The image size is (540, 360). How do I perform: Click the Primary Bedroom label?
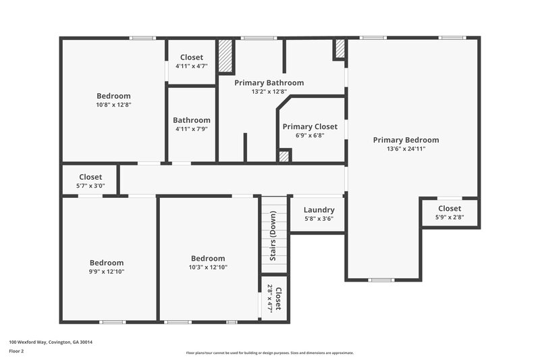tap(406, 140)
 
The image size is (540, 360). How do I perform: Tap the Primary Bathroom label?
tap(269, 82)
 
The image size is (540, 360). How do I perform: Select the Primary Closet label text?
tap(310, 126)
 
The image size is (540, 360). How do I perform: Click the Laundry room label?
tap(319, 210)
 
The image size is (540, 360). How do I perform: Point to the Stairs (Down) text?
tap(273, 236)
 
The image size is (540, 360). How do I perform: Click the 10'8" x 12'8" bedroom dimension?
tap(113, 105)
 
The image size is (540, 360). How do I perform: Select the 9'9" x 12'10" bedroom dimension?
tap(107, 272)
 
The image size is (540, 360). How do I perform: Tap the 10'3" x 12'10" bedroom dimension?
tap(208, 267)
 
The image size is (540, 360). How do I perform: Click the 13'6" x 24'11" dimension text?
tap(406, 149)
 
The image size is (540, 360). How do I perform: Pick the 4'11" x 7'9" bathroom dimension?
tap(192, 128)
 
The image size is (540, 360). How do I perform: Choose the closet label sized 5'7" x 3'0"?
tap(90, 177)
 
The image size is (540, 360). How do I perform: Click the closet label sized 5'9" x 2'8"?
tap(450, 209)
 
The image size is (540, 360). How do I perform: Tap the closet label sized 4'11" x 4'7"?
tap(192, 57)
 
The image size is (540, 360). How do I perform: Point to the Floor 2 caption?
tap(17, 351)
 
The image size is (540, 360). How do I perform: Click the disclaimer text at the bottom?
tap(269, 353)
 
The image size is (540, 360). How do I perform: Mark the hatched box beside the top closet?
tap(225, 56)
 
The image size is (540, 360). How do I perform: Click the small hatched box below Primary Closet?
tap(284, 156)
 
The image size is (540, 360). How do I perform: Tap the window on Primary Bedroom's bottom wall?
tap(381, 280)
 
